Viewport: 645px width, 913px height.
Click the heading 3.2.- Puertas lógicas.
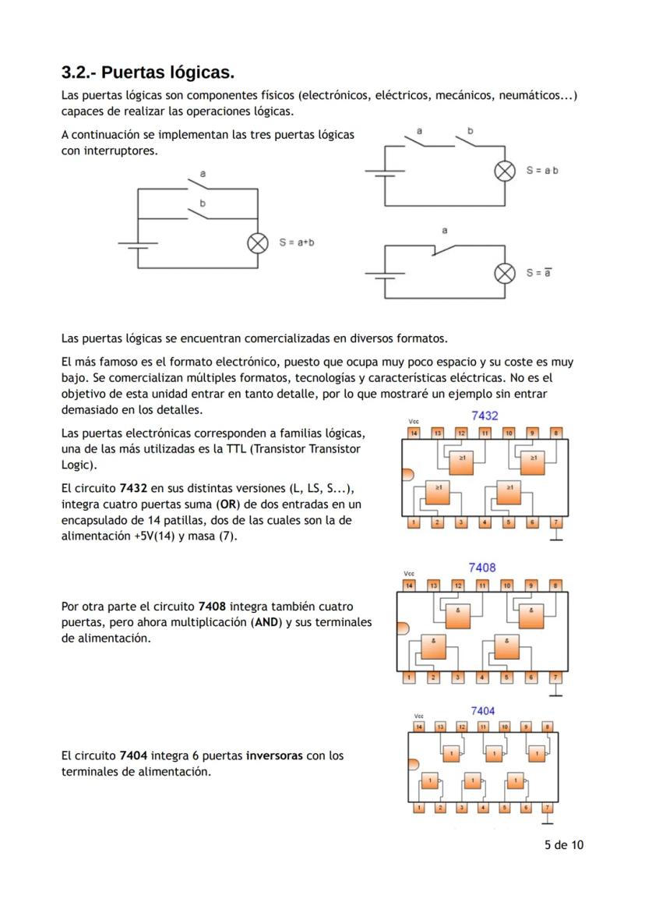click(147, 73)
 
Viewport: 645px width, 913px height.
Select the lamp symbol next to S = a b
click(505, 172)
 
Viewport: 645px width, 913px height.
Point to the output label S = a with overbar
click(539, 273)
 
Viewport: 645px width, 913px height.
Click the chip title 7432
click(485, 416)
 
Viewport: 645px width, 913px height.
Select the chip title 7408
click(481, 568)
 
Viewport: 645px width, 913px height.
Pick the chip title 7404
click(482, 711)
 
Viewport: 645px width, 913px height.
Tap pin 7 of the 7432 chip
click(555, 522)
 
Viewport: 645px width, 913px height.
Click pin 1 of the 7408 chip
click(410, 677)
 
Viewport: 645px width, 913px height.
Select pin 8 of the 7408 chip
click(555, 585)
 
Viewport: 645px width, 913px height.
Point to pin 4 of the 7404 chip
click(483, 808)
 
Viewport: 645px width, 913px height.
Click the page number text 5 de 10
click(563, 845)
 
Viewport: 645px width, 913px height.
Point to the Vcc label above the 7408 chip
click(409, 573)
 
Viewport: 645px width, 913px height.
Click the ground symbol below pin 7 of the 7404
click(548, 820)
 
